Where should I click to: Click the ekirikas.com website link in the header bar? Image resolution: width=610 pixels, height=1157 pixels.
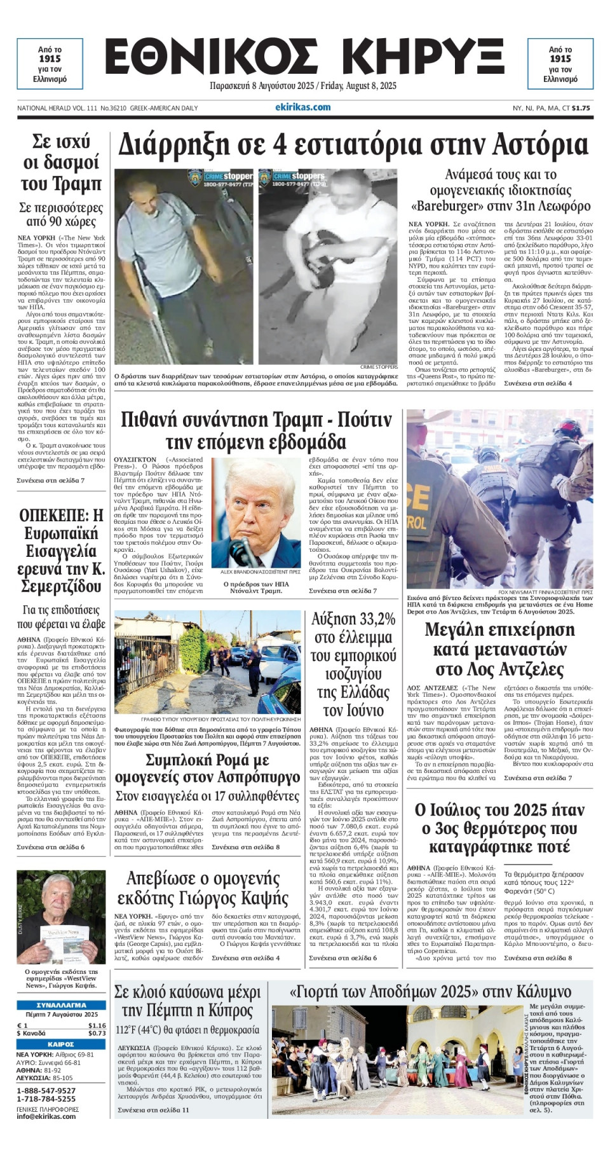(x=303, y=107)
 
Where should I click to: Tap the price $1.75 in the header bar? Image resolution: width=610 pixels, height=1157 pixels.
(x=581, y=108)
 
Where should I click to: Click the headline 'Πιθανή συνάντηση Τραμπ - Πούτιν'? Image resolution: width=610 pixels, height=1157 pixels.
(x=256, y=431)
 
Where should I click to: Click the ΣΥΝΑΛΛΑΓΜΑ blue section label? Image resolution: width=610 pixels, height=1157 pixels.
(x=62, y=1005)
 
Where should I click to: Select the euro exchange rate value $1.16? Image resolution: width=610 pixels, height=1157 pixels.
(x=97, y=1025)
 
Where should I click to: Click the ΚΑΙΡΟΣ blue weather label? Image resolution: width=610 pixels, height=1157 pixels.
(x=62, y=1044)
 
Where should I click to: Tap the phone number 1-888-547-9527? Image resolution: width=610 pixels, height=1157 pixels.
(x=46, y=1090)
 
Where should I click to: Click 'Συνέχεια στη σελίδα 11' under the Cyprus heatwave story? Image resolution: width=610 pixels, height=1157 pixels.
(x=154, y=1110)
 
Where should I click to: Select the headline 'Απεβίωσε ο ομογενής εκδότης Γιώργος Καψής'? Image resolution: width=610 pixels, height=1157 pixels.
(x=203, y=888)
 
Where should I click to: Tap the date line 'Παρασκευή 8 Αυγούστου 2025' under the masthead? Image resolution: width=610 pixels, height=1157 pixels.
(x=263, y=86)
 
